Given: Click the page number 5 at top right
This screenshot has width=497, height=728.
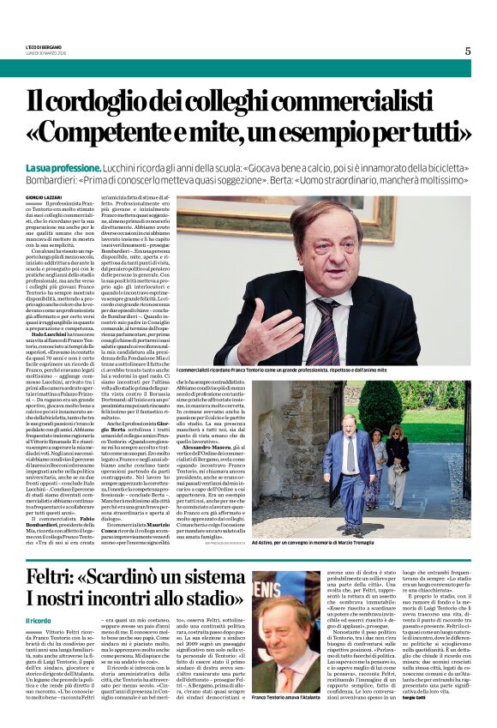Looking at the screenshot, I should point(468,51).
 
